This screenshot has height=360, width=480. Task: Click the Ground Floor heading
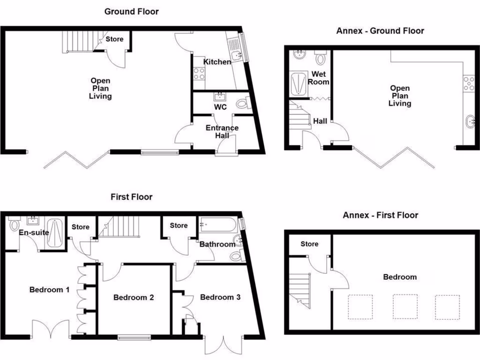[x=131, y=11]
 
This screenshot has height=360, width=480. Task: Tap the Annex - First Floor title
[x=380, y=215]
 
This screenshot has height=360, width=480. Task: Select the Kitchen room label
[x=217, y=62]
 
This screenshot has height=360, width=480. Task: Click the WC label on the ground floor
[x=220, y=107]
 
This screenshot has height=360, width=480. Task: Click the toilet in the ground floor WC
[x=242, y=103]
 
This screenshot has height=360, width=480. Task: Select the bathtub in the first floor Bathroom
[x=218, y=225]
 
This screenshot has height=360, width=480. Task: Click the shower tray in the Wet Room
[x=297, y=84]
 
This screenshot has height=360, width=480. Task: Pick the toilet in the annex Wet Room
[x=321, y=58]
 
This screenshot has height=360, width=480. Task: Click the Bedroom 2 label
[x=134, y=297]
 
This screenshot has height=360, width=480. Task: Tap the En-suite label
[x=34, y=232]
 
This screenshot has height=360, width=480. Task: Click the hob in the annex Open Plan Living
[x=469, y=83]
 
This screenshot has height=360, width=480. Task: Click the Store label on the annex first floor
[x=309, y=244]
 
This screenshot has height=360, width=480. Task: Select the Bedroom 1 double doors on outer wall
[x=51, y=329]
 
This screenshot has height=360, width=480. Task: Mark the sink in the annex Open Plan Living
[x=470, y=123]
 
